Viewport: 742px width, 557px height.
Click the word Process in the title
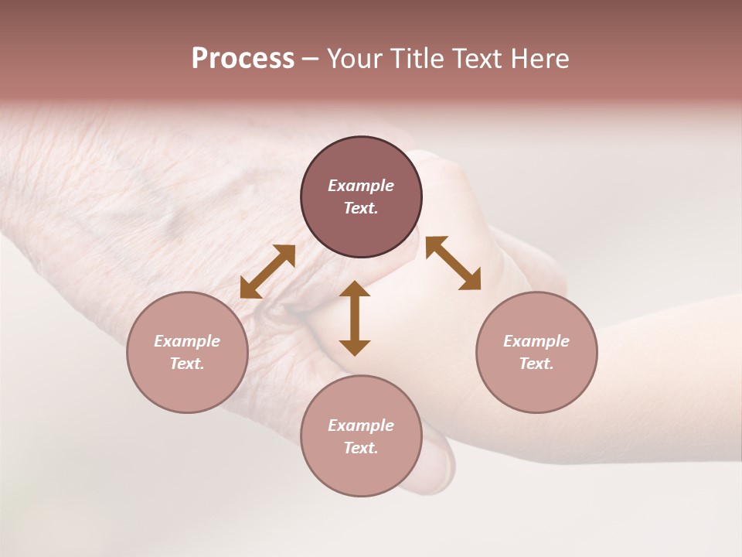point(243,59)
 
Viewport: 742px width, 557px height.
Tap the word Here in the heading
point(538,59)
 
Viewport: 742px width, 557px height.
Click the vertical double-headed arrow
point(355,318)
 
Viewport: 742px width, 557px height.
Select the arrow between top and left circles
point(267,272)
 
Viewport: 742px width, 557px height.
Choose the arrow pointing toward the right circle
point(454,263)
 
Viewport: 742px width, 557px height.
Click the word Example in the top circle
point(361,186)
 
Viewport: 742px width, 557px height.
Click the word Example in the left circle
point(187,341)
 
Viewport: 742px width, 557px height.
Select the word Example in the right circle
point(536,341)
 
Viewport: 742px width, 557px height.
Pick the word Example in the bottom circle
point(361,425)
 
